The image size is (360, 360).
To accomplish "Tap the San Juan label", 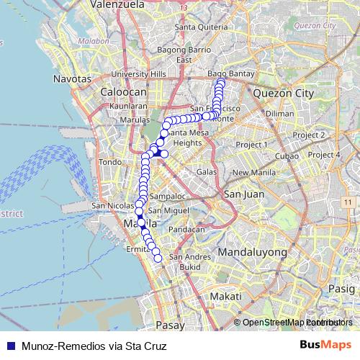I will pyautogui.click(x=244, y=194).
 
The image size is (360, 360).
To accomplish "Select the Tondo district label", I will pyautogui.click(x=110, y=162).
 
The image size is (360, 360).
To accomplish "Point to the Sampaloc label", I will pyautogui.click(x=167, y=196).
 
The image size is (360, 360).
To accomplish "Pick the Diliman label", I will pyautogui.click(x=279, y=114).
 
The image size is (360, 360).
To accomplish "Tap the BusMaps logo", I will pyautogui.click(x=325, y=346).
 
